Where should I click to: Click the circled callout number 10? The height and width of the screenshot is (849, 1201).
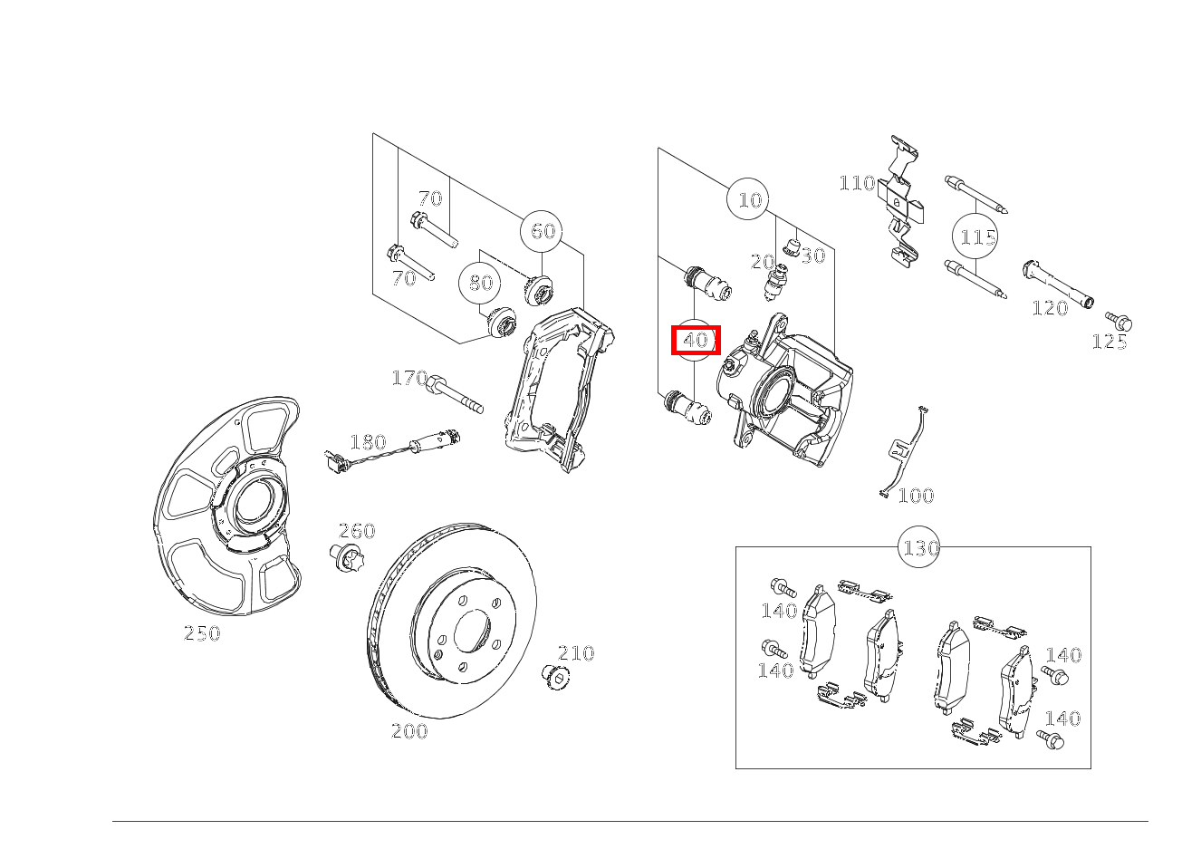[x=747, y=199]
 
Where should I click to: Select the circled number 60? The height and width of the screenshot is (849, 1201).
[x=542, y=231]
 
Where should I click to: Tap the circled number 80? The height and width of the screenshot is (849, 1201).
[x=480, y=282]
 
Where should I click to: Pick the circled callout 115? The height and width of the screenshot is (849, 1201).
[x=974, y=236]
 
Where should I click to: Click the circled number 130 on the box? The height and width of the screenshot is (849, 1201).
[x=919, y=547]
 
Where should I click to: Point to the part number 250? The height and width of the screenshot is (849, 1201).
[x=202, y=633]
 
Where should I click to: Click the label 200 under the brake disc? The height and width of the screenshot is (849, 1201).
[x=409, y=731]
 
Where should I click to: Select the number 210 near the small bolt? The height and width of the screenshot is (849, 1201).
[x=576, y=652]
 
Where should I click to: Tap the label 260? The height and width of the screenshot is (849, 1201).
[x=357, y=531]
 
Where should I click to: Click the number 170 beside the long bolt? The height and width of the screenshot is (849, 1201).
[x=410, y=378]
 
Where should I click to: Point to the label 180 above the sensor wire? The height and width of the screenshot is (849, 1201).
[x=368, y=442]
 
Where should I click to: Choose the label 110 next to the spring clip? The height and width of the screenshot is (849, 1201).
[x=858, y=183]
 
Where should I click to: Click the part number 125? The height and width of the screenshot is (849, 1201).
[x=1110, y=342]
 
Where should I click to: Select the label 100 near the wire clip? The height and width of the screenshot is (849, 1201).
[x=916, y=495]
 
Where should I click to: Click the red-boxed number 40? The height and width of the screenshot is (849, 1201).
[x=696, y=340]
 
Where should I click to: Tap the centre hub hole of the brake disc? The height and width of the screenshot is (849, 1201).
[x=473, y=632]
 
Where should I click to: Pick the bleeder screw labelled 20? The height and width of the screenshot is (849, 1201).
[x=774, y=281]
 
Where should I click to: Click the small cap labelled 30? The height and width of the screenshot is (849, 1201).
[x=792, y=246]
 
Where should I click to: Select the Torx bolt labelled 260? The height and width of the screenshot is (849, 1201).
[x=347, y=557]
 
